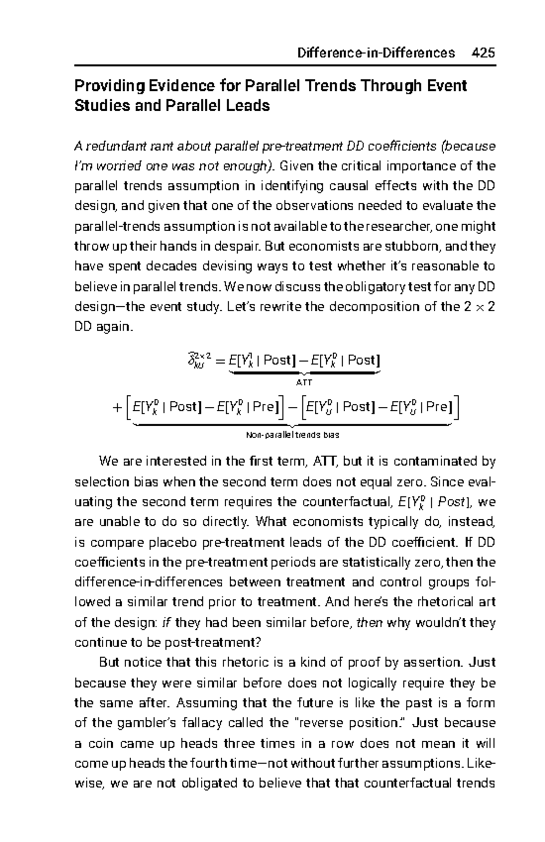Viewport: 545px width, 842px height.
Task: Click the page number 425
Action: point(483,53)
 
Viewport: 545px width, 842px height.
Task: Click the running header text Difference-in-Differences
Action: point(376,53)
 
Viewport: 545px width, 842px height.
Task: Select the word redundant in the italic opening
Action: point(113,147)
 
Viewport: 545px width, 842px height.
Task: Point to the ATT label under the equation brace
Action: point(304,383)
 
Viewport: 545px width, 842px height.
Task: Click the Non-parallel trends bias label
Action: point(292,435)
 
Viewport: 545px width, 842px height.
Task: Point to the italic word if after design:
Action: point(166,623)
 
